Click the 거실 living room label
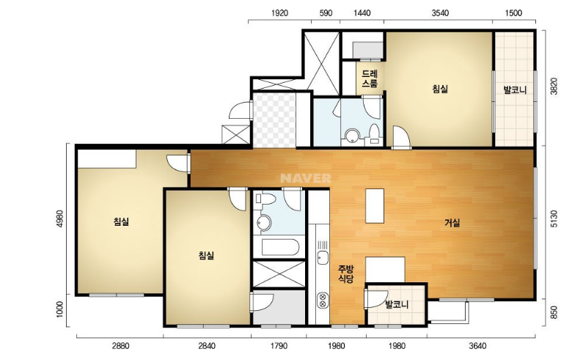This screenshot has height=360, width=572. point(452,223)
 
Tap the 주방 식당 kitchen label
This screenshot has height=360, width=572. point(346,274)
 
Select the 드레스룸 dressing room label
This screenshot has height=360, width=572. point(370,78)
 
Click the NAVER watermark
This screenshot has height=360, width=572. point(306,178)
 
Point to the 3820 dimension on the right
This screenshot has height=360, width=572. point(554,87)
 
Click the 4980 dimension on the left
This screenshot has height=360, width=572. point(60,218)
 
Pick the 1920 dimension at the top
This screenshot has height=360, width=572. point(279,13)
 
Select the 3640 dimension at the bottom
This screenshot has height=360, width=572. point(477,345)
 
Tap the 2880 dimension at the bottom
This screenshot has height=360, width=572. point(120,345)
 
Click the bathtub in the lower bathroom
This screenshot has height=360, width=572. point(281,247)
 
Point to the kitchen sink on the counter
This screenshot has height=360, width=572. point(323,257)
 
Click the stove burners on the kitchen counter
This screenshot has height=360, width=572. point(323,300)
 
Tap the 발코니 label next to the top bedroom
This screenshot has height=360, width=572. point(515,89)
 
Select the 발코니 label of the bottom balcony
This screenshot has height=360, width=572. point(397,304)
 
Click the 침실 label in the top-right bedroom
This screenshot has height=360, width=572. point(440,89)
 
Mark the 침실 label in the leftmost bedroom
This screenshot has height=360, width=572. point(121,221)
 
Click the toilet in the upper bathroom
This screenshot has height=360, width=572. point(374,133)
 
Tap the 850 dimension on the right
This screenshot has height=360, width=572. point(554,312)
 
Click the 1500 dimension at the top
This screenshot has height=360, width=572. point(513,13)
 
